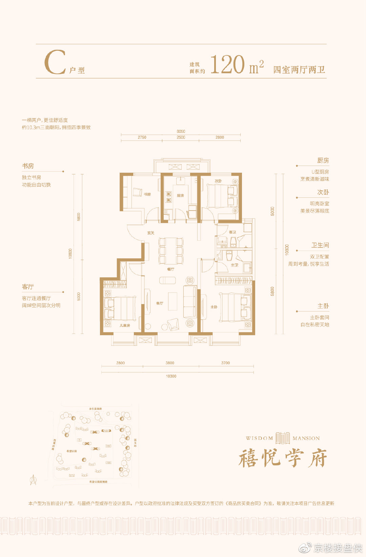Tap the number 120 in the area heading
[227, 64]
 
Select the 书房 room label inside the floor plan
[147, 194]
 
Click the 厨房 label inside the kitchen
[180, 195]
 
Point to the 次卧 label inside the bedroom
[218, 181]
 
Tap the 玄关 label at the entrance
[151, 233]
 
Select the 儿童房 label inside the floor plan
[125, 325]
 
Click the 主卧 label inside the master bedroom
[214, 307]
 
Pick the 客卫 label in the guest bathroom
[232, 232]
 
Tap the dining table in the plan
[171, 251]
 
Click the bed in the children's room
[120, 308]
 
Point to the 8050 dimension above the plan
[181, 131]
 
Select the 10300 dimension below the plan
[171, 376]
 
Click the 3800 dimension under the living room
[170, 363]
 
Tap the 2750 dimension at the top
[142, 137]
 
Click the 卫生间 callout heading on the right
[320, 245]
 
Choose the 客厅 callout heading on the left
[28, 287]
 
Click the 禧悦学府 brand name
[283, 458]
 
